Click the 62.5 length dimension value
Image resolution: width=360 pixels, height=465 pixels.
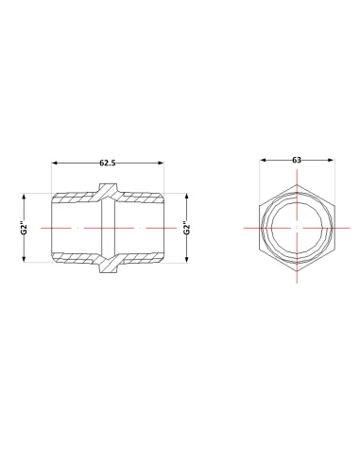coord(108,163)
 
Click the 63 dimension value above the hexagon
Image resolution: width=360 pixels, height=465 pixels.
coord(297,160)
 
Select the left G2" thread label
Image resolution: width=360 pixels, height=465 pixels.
coord(24,228)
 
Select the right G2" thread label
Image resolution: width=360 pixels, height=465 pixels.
coord(187,228)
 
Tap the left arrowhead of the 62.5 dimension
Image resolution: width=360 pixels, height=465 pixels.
coord(55,163)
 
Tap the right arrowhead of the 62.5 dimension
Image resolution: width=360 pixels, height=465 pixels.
coord(161,163)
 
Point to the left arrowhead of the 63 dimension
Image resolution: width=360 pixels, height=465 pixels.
coord(264,160)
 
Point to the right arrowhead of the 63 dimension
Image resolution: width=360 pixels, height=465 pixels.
coord(330,160)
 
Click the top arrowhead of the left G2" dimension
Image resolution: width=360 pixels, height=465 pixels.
coord(24,197)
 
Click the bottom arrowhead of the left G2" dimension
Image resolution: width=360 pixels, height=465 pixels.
coord(24,259)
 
